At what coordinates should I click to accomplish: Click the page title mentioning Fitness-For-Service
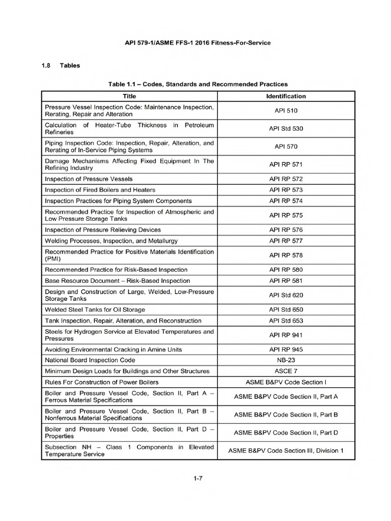coord(198,43)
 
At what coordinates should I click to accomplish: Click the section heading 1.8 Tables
coord(60,66)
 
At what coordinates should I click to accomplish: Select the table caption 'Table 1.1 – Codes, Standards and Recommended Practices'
coord(198,84)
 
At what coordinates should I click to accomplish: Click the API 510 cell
coord(286,110)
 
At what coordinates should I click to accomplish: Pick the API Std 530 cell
coord(286,128)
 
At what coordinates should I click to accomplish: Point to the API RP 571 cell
coord(286,164)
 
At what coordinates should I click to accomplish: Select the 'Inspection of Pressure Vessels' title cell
coord(89,179)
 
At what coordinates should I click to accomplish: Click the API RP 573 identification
coord(286,190)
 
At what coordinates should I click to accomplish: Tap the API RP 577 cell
coord(286,241)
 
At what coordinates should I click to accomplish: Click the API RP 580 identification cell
coord(286,270)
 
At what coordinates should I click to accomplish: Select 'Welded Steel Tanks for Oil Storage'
coord(95,309)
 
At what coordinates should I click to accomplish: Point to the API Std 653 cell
coord(286,321)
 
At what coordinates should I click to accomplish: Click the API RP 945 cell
coord(286,350)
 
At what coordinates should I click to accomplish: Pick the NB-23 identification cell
coord(286,360)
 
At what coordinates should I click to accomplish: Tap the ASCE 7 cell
coord(286,371)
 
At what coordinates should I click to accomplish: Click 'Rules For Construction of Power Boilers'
coord(102,382)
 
